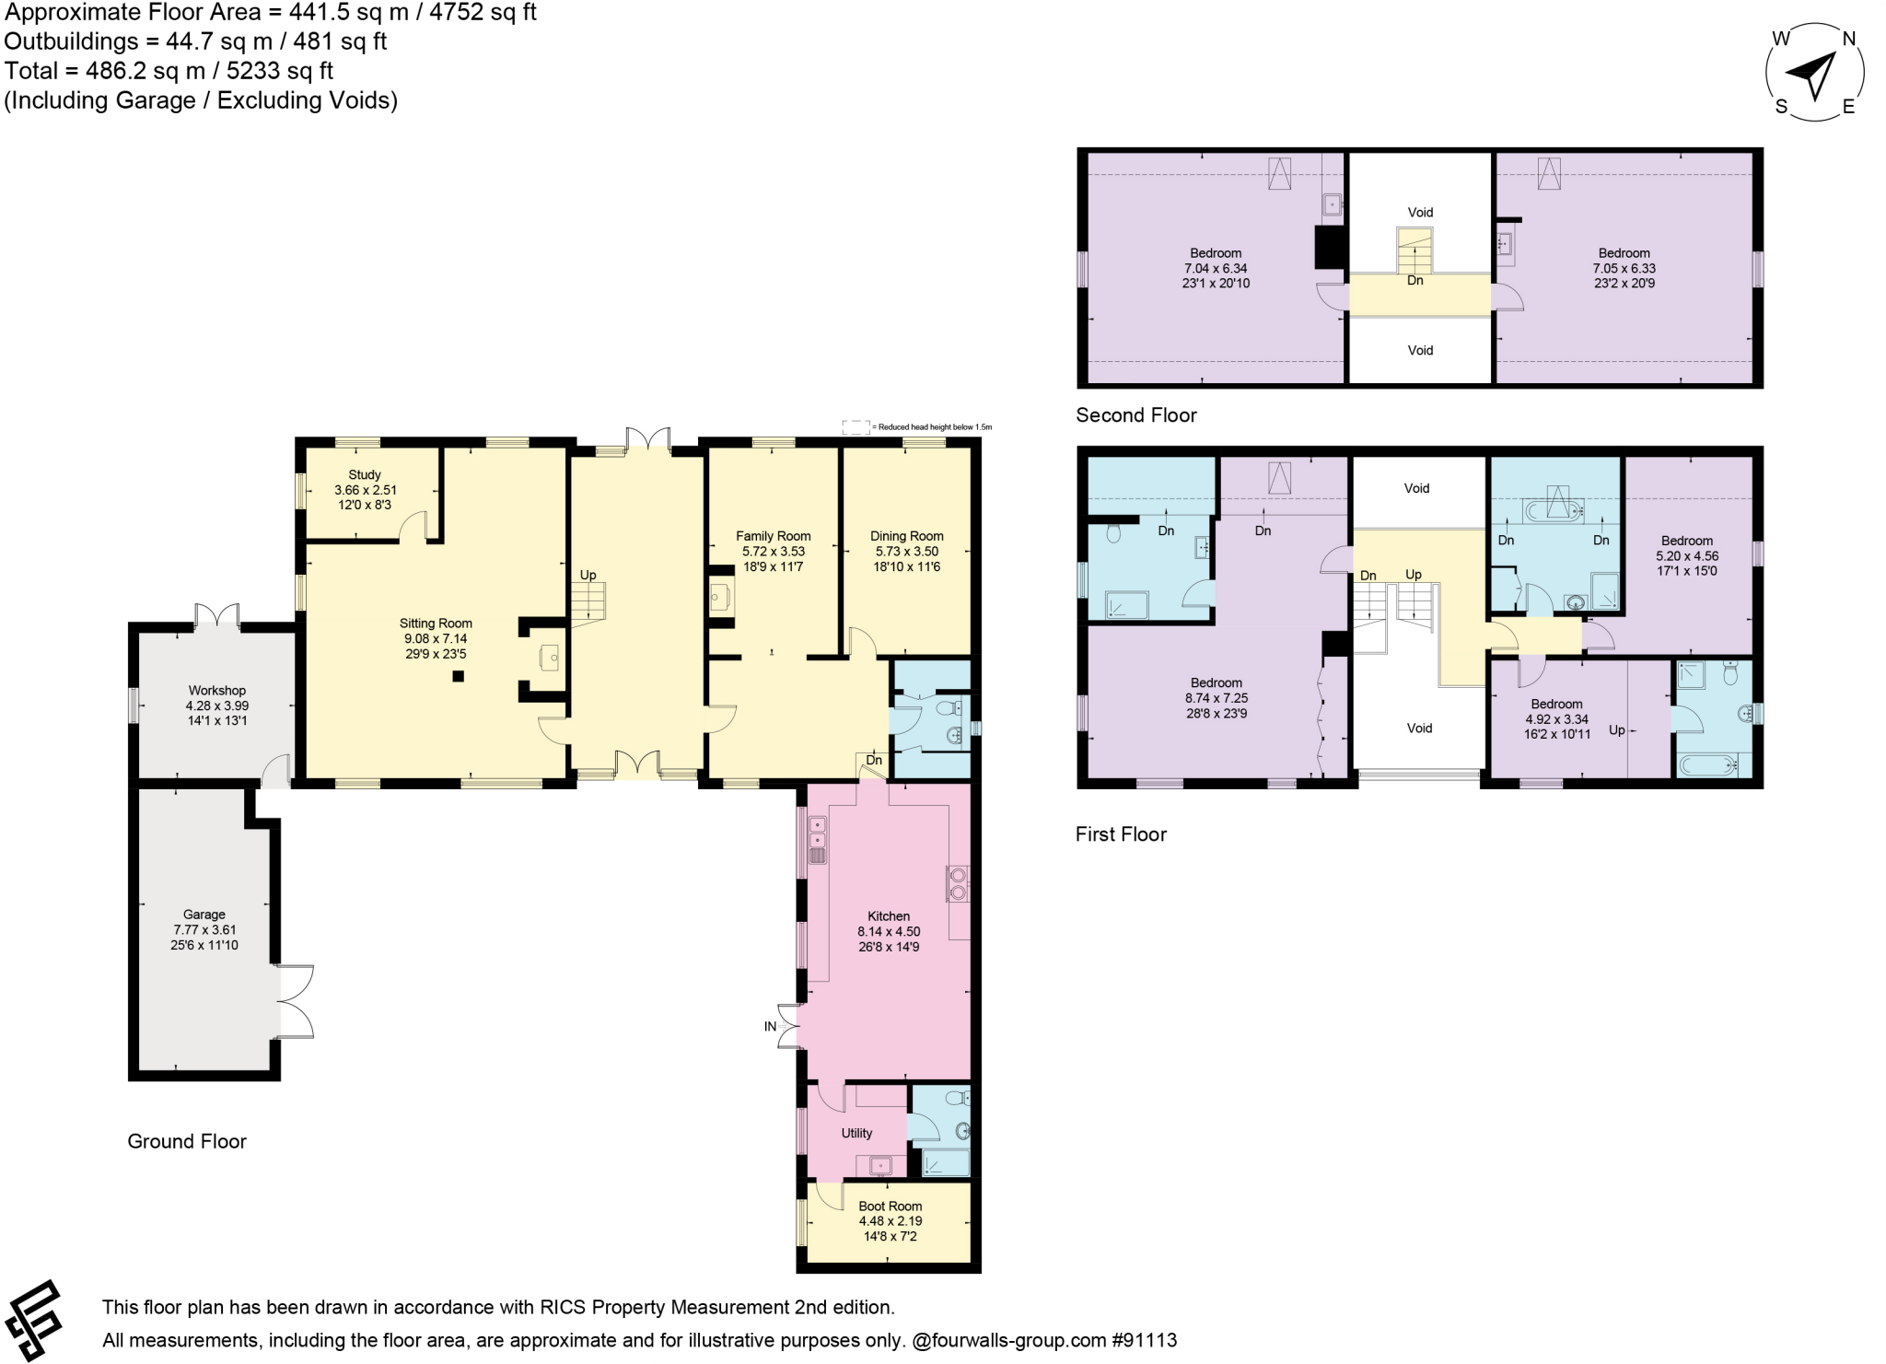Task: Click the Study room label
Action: (x=365, y=475)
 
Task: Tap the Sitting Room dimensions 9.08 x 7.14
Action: (x=436, y=638)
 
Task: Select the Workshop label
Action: (x=217, y=691)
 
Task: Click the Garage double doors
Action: (x=295, y=1001)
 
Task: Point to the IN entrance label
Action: (x=770, y=1026)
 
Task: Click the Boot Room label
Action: (x=890, y=1207)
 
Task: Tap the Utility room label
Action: (x=856, y=1134)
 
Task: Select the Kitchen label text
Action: (x=889, y=916)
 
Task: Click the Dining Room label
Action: (x=907, y=536)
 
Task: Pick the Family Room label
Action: (x=774, y=536)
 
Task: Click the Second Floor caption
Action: (x=1136, y=415)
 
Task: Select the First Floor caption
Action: (x=1121, y=834)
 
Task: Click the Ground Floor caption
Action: (x=187, y=1142)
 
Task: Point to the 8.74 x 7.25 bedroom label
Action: (x=1217, y=698)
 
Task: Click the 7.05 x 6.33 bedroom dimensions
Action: (x=1624, y=269)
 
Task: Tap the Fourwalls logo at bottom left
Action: (x=35, y=1319)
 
